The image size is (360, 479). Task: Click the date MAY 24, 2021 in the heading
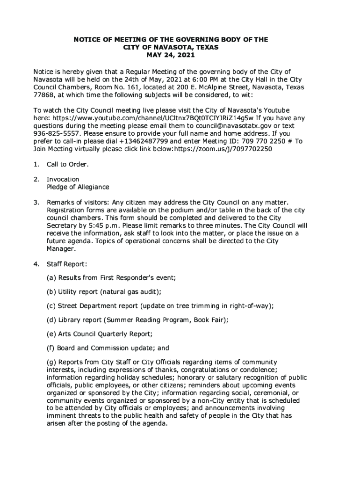click(170, 55)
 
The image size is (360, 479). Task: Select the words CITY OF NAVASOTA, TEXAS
click(171, 47)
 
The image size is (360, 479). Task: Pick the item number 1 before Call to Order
click(36, 164)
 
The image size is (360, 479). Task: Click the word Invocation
click(63, 179)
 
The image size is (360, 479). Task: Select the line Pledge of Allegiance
click(78, 187)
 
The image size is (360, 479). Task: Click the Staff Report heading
click(66, 264)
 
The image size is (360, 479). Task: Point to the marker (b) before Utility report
click(51, 292)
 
